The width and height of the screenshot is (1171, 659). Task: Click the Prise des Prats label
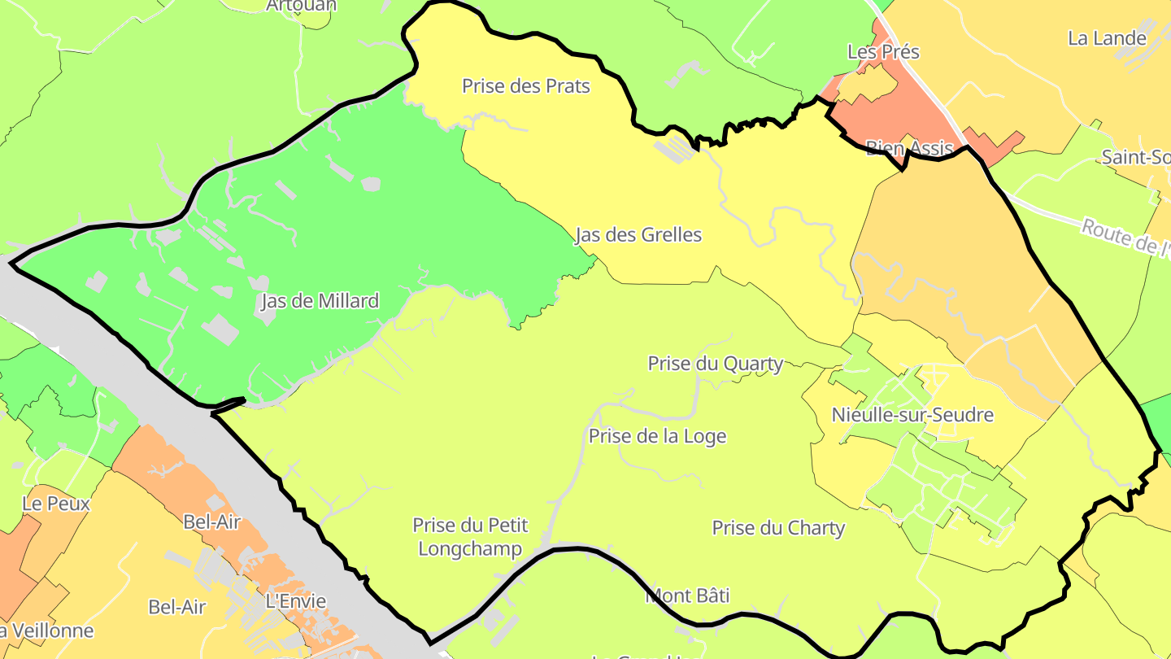[525, 85]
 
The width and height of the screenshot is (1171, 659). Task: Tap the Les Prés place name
[883, 52]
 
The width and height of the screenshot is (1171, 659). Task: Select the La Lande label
[1107, 38]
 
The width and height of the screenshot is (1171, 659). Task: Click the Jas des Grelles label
[638, 235]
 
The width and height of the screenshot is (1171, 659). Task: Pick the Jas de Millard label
[320, 301]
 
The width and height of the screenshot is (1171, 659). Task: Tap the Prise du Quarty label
[715, 364]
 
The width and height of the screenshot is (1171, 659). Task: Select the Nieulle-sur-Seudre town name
[912, 415]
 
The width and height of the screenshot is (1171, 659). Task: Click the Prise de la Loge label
[657, 436]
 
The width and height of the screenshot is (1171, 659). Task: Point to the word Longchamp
[469, 549]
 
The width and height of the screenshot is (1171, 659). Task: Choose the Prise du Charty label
[778, 528]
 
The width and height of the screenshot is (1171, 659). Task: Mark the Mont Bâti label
[687, 596]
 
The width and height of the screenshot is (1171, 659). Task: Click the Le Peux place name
[56, 504]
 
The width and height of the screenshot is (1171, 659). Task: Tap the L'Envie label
[296, 602]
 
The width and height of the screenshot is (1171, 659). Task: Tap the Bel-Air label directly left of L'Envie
[177, 607]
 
